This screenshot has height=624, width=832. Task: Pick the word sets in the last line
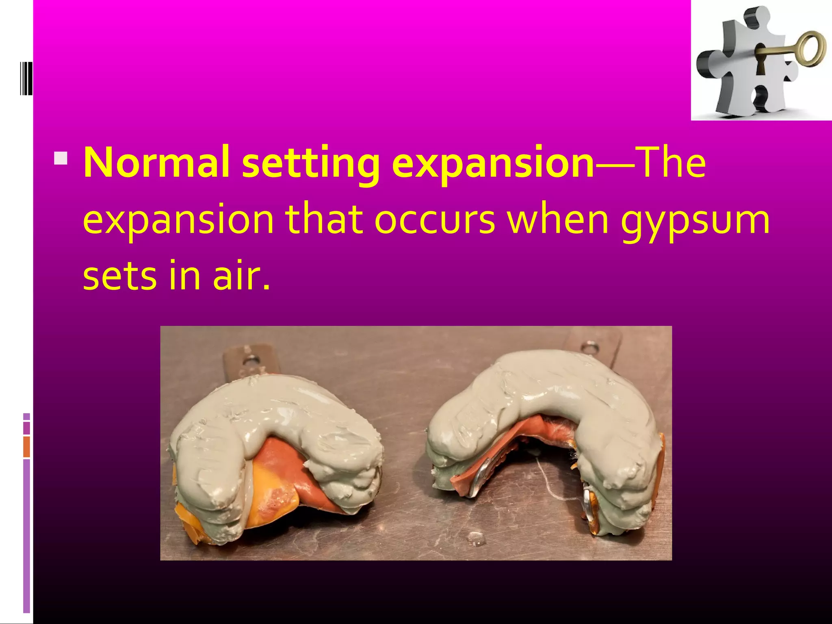pyautogui.click(x=120, y=276)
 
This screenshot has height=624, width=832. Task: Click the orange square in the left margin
pyautogui.click(x=27, y=446)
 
